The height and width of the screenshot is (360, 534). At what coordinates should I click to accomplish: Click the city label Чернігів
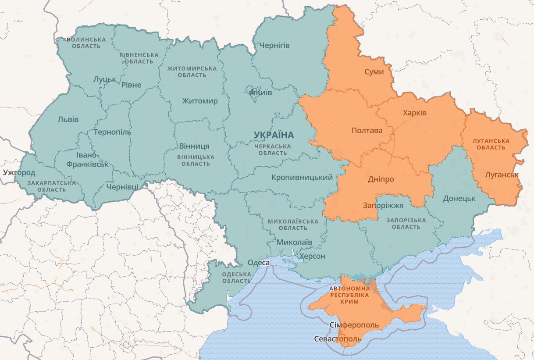(x=274, y=46)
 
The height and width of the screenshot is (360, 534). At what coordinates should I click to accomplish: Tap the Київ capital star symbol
(x=252, y=93)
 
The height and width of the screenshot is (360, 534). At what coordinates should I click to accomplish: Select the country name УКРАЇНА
(x=274, y=135)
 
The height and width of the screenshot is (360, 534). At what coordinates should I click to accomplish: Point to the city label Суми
(x=374, y=72)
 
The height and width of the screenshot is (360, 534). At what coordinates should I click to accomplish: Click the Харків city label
(x=414, y=113)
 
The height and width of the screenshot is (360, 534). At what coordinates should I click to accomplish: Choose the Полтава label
(x=367, y=131)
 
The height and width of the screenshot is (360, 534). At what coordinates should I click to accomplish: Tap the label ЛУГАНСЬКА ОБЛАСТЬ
(x=491, y=144)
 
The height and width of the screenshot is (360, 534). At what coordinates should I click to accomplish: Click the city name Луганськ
(x=502, y=175)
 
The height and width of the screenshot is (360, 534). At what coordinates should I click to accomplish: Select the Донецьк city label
(x=459, y=198)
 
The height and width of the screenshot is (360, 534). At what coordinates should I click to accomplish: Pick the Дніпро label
(x=381, y=179)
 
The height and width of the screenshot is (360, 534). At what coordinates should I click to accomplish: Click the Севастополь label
(x=338, y=339)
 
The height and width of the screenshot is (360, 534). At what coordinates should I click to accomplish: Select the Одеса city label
(x=258, y=263)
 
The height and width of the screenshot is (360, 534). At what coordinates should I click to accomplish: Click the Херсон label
(x=312, y=256)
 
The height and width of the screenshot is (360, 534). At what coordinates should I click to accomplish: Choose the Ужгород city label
(x=19, y=172)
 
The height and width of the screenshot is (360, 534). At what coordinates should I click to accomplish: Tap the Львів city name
(x=68, y=119)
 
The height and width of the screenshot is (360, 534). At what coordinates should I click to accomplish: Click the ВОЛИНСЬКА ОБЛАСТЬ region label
(x=86, y=43)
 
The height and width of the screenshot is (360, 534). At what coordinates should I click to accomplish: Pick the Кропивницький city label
(x=302, y=178)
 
